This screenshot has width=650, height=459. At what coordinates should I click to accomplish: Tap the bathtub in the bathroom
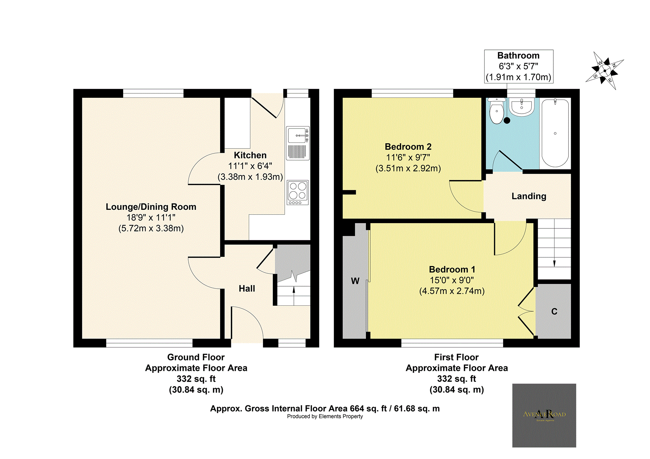pos(555,133)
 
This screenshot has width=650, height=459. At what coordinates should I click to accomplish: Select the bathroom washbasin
pos(522,107)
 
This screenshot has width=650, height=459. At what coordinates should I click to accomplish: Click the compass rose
pos(605,71)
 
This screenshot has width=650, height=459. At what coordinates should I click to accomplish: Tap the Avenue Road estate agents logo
pos(544,415)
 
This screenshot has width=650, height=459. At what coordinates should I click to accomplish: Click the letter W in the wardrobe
pos(355,281)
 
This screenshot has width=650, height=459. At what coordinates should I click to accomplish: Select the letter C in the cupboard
pos(554,311)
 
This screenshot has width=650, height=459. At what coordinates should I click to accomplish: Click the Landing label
pos(528,196)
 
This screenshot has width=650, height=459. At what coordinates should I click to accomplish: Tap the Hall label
pos(247,288)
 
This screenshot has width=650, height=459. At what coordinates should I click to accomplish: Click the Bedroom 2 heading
pos(408,147)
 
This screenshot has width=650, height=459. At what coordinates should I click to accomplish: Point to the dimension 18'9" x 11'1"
pos(151,217)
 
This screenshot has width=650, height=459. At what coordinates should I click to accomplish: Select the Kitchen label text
pos(250,155)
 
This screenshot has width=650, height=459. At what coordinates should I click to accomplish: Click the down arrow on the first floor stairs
pos(554,263)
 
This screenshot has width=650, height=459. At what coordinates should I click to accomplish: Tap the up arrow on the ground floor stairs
pos(294,290)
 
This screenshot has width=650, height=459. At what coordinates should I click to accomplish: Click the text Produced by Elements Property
pos(325,416)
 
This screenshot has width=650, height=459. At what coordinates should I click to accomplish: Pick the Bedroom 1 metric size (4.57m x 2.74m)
pos(452,291)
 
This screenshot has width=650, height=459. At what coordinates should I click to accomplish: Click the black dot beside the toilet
pos(507,120)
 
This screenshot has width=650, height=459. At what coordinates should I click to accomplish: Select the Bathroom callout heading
pos(518,56)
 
